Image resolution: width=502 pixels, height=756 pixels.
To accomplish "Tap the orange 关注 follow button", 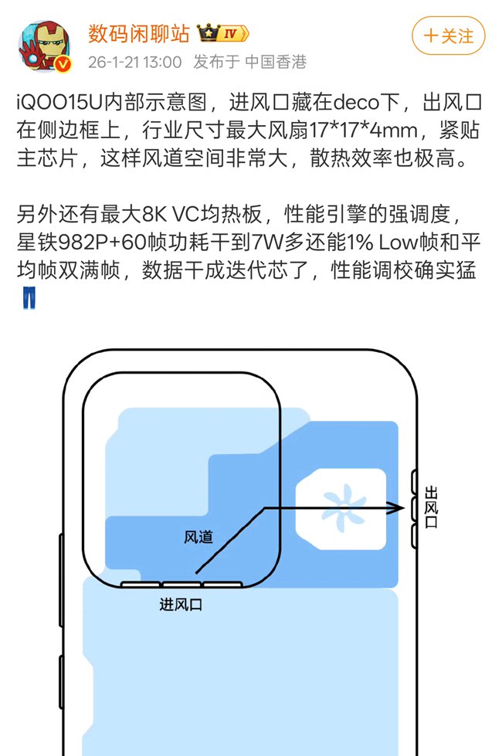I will (x=449, y=36).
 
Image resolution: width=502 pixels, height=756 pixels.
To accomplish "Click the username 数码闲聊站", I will (x=138, y=34).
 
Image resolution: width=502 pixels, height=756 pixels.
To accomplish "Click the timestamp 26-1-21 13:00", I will (x=135, y=61).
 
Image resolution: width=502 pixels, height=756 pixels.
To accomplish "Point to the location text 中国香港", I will (x=276, y=61).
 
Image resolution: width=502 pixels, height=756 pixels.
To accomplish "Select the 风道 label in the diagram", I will (x=198, y=537).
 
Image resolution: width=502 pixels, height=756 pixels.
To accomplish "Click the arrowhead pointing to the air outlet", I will (x=397, y=507).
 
